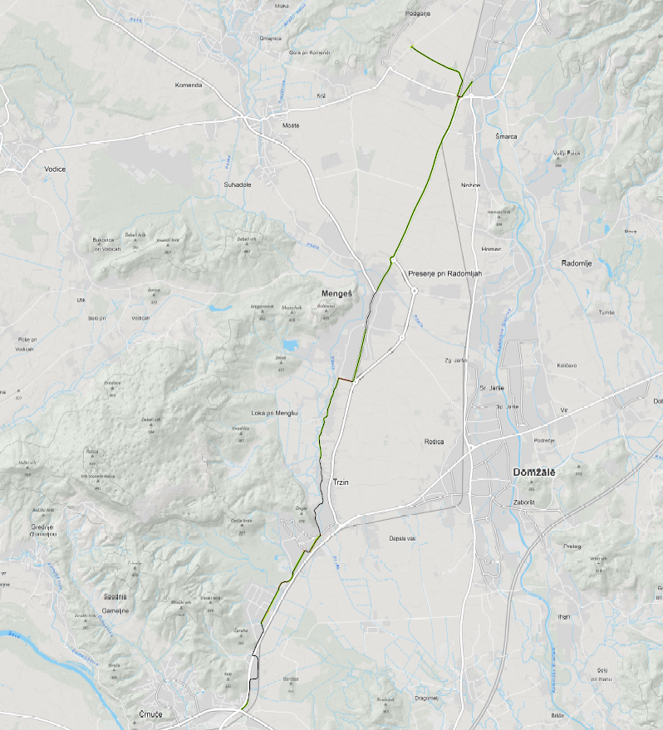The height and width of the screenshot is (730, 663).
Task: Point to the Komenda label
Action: (x=189, y=86)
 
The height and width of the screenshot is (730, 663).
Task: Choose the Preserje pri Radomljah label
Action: (x=444, y=273)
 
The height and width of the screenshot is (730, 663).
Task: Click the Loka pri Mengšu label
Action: (x=274, y=413)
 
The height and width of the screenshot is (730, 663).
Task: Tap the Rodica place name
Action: (x=434, y=442)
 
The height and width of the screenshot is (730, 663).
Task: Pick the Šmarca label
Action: (x=506, y=135)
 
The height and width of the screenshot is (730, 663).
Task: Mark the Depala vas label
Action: (x=401, y=538)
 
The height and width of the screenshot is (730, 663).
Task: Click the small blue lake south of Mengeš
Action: (x=290, y=345)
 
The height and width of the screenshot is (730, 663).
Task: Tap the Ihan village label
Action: (x=564, y=616)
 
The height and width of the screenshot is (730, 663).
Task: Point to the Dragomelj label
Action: (x=425, y=698)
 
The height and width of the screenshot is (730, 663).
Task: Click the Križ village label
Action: (x=322, y=96)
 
